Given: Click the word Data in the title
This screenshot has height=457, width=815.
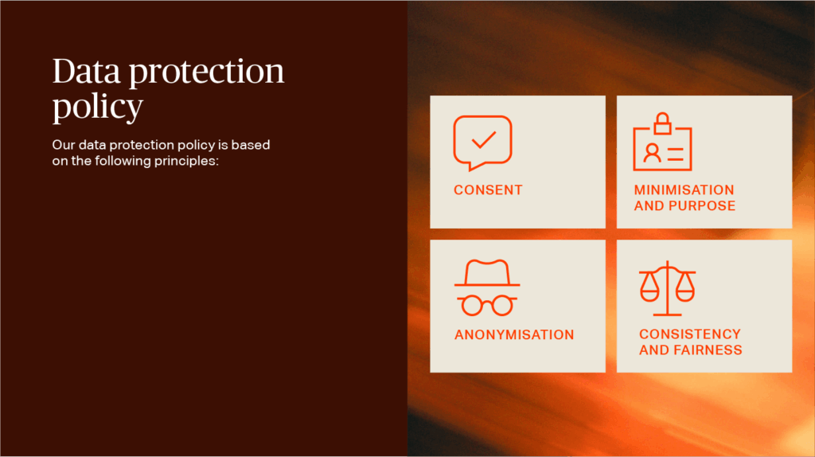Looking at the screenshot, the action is point(86,71).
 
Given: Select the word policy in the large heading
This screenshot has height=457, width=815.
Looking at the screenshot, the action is point(98,107).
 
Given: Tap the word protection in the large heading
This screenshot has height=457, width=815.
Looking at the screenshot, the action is point(206,72).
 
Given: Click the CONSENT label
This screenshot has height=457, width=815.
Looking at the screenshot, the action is point(488,189).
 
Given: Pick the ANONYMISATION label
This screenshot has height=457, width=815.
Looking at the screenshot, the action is point(514,334).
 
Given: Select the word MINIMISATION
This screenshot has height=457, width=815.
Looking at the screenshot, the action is point(684,189).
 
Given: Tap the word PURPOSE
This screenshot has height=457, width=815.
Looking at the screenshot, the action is point(702,206).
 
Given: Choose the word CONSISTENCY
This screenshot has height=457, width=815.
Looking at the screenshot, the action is point(690,334).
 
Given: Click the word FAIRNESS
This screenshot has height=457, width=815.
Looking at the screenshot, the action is point(708,350).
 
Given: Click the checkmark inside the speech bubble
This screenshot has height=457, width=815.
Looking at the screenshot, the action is point(483,140).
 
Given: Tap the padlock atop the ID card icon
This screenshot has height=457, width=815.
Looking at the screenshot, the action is point(662,123).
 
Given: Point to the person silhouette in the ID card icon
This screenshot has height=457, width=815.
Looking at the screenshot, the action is point(652,153).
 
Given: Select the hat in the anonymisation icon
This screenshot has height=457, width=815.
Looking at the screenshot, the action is point(487,273).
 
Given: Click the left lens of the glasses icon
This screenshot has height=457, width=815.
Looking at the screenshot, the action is point(472,306).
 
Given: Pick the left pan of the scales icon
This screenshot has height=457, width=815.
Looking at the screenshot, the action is point(649,287).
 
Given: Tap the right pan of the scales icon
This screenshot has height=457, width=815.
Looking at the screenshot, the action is point(685,287).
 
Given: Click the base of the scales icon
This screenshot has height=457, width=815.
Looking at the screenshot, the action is point(668,314).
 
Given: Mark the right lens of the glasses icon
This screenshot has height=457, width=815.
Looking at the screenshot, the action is point(503,306).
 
